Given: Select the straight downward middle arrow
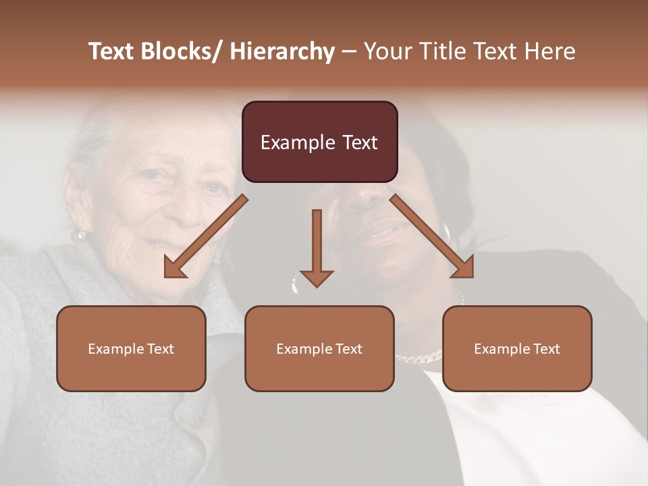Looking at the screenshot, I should coord(317,243).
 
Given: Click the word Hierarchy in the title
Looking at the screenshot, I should coord(282,51).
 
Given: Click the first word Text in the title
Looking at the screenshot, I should coord(113,51).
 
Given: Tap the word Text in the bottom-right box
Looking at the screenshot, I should coord(545,349).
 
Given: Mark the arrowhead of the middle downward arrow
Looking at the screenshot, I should coord(317,278).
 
